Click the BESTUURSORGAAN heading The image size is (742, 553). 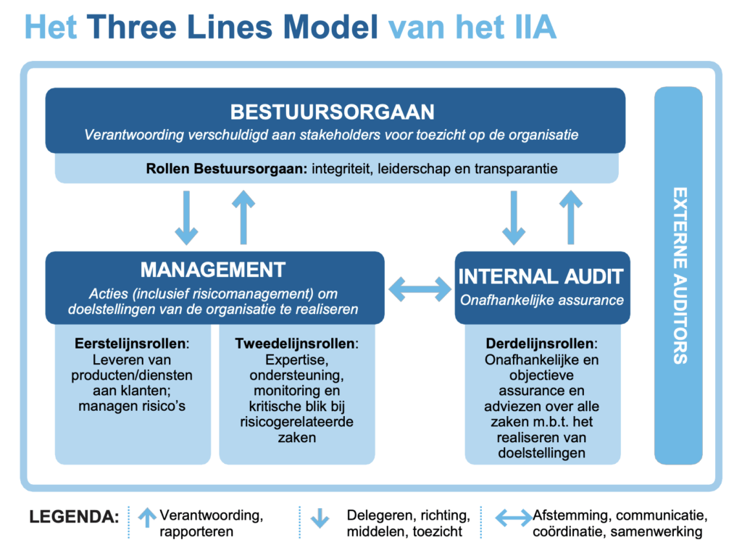(x=333, y=112)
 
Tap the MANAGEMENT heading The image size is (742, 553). (x=213, y=270)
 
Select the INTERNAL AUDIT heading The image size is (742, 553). (x=541, y=276)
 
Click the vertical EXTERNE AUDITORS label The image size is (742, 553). (x=679, y=275)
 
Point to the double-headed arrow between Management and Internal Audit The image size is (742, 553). (x=420, y=288)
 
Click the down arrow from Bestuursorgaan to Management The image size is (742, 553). (x=187, y=217)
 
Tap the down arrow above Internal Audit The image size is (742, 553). (x=514, y=217)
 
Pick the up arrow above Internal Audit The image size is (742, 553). (x=571, y=217)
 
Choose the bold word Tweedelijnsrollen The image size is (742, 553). (x=295, y=343)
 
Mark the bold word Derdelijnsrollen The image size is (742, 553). (x=538, y=343)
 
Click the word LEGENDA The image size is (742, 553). (x=74, y=517)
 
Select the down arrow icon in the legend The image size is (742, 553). (x=319, y=517)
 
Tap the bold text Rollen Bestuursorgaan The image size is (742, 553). (x=227, y=170)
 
